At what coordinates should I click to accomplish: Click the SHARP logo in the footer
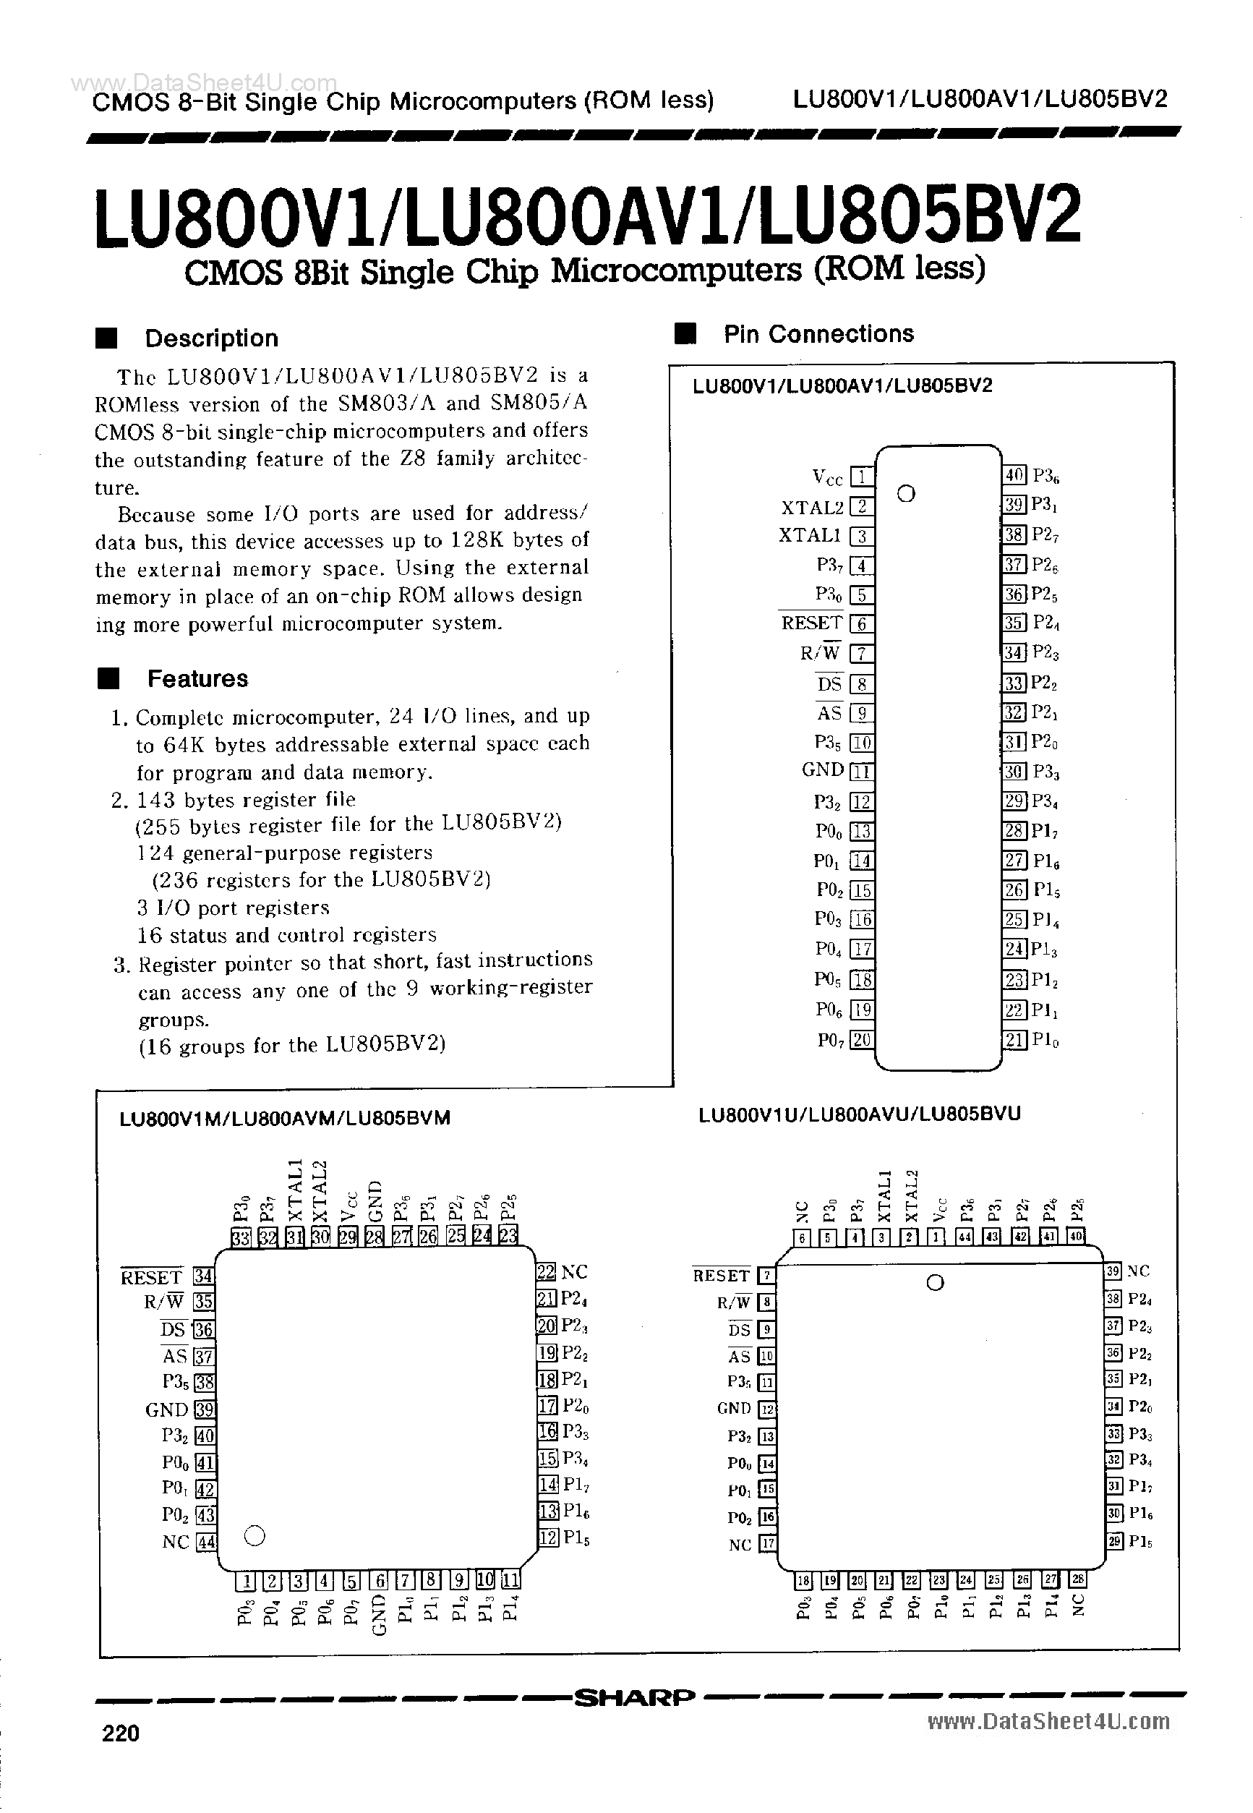click(634, 1697)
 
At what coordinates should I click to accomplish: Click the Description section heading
click(211, 338)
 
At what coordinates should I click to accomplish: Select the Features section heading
click(197, 678)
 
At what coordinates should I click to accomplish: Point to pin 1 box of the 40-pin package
click(862, 477)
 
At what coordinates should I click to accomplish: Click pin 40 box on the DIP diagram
click(1014, 474)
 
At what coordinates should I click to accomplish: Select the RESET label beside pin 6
click(811, 623)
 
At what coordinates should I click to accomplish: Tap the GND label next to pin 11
click(822, 770)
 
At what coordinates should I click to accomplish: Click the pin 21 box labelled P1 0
click(1014, 1040)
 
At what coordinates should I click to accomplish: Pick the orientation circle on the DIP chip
click(906, 494)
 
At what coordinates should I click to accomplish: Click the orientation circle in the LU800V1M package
click(255, 1535)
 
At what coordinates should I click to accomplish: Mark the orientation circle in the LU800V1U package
click(935, 1283)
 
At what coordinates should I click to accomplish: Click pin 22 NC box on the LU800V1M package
click(547, 1272)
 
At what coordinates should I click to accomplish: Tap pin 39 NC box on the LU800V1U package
click(1113, 1271)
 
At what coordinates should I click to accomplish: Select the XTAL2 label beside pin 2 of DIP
click(812, 507)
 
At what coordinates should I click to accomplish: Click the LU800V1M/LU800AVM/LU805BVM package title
click(285, 1118)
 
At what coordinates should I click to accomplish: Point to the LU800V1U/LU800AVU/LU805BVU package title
click(859, 1114)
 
